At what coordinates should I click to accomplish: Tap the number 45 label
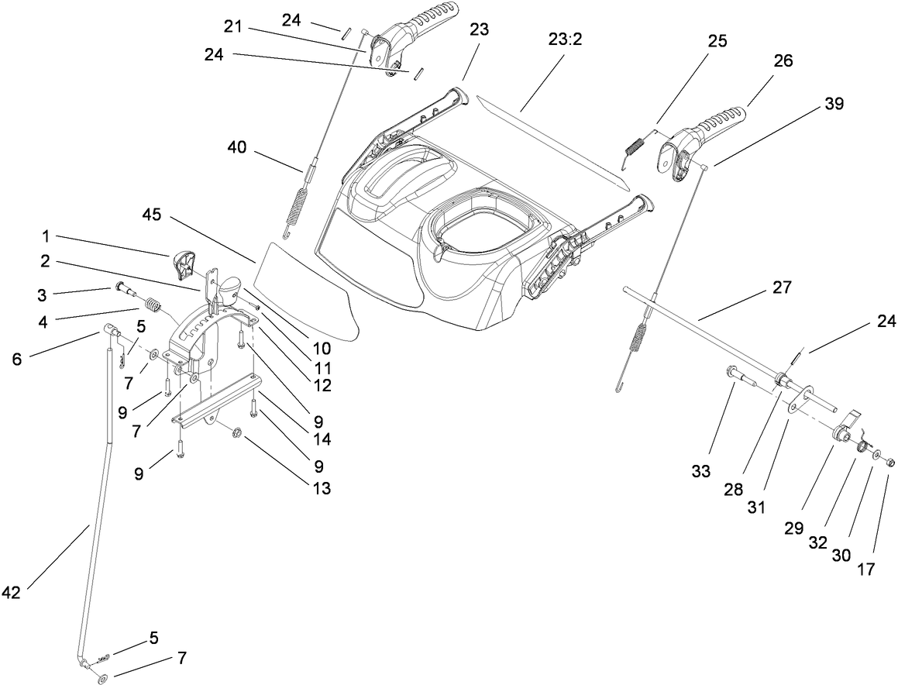[152, 215]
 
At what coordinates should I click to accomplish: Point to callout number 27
[782, 287]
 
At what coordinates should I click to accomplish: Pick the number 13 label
[320, 488]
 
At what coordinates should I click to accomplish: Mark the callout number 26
[783, 61]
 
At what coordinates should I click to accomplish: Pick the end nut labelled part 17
[889, 463]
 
